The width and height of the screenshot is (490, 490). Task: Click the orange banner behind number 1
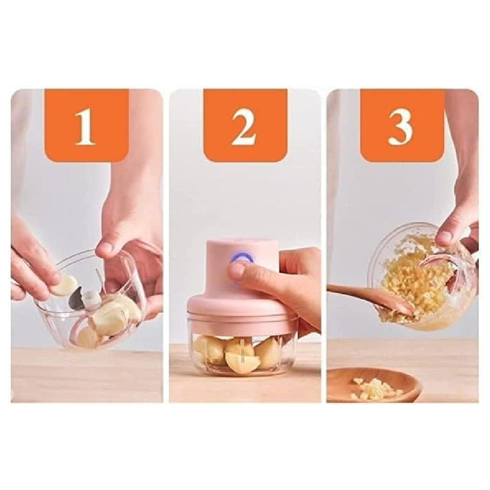(87, 125)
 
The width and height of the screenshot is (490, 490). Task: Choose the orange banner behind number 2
(245, 125)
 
